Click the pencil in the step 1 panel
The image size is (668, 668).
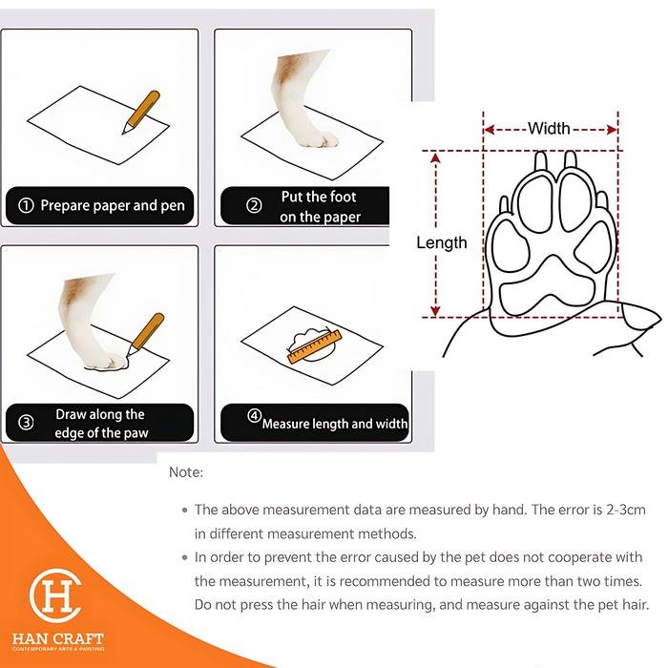tap(141, 112)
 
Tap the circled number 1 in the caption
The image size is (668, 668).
tap(26, 206)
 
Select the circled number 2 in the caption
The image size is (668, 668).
tap(255, 206)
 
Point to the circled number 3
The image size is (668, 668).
tap(26, 423)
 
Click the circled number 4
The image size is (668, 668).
tap(255, 416)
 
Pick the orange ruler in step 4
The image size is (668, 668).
tap(315, 346)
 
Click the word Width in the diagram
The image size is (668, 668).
tap(549, 128)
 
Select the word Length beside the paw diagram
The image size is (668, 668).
tap(441, 242)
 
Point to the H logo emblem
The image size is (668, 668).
tap(55, 595)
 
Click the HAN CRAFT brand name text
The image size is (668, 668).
tap(58, 638)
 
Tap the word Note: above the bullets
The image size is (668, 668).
tap(186, 472)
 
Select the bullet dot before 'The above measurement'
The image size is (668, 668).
tap(184, 510)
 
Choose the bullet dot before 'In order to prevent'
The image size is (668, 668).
tap(184, 557)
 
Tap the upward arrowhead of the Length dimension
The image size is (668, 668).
tap(435, 158)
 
